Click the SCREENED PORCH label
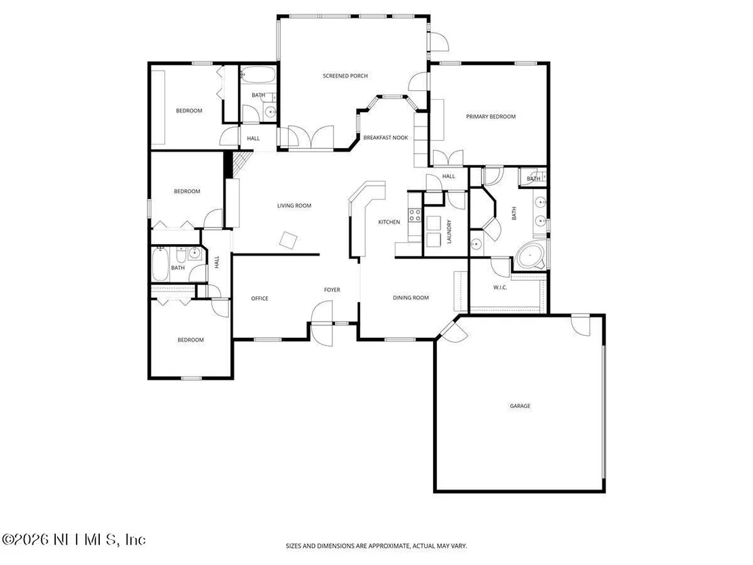pos(345,76)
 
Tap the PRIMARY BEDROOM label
pos(491,117)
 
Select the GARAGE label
pos(520,406)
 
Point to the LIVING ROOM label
pos(294,205)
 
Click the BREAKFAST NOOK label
pos(385,137)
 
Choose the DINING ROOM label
pos(411,298)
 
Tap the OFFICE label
pos(260,298)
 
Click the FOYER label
pos(332,290)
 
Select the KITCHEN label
pos(389,222)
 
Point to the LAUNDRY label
pos(449,232)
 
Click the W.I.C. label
pos(500,288)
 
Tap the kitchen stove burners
pos(415,215)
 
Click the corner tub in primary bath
pos(530,256)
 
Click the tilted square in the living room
pos(289,240)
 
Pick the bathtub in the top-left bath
pos(258,75)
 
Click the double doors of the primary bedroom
pos(448,158)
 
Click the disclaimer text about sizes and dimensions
pos(376,546)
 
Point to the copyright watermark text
pos(73,540)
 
